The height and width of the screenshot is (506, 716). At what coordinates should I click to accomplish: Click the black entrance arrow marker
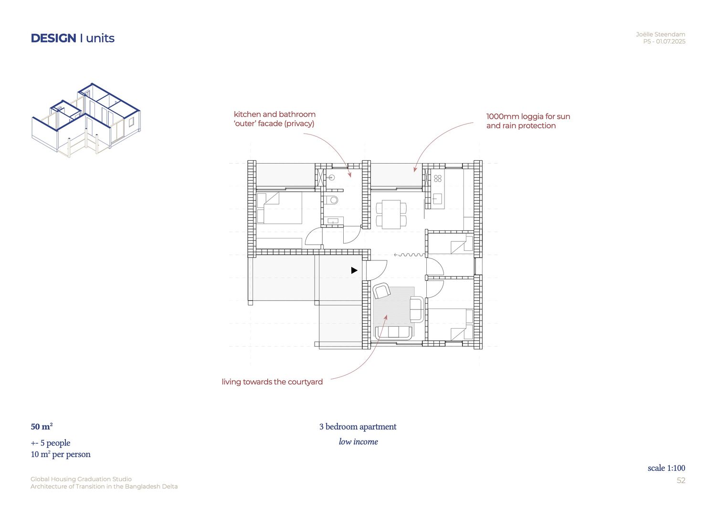[x=354, y=270]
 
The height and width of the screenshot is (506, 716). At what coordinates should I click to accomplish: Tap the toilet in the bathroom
[x=331, y=200]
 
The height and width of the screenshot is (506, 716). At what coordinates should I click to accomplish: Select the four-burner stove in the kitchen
[x=438, y=178]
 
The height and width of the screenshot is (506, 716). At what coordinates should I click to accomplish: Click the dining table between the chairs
[x=391, y=214]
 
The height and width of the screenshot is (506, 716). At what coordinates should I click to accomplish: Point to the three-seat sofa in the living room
[x=393, y=332]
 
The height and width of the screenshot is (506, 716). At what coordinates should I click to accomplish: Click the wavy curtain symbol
[x=410, y=255]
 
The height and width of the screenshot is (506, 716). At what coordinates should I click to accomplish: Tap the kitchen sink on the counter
[x=437, y=199]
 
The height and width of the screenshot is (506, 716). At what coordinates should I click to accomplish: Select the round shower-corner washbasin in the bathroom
[x=331, y=177]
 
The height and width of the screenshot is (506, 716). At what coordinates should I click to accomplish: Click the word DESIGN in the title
[x=53, y=38]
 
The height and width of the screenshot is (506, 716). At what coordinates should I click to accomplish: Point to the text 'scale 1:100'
[x=666, y=468]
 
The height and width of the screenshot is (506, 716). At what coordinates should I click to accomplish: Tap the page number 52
[x=681, y=480]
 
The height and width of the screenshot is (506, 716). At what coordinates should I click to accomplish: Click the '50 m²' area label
[x=42, y=426]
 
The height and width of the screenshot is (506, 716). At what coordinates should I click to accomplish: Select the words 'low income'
[x=358, y=442]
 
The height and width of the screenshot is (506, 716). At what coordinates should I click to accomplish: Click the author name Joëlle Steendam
[x=660, y=34]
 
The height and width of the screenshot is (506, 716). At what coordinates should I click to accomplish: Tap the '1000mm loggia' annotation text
[x=528, y=121]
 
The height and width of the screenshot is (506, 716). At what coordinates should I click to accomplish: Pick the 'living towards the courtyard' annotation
[x=272, y=382]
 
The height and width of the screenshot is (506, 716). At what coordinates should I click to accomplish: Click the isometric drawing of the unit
[x=86, y=121]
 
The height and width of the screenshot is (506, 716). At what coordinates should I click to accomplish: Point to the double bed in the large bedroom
[x=280, y=207]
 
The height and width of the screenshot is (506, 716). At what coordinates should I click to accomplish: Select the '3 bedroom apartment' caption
[x=358, y=427]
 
